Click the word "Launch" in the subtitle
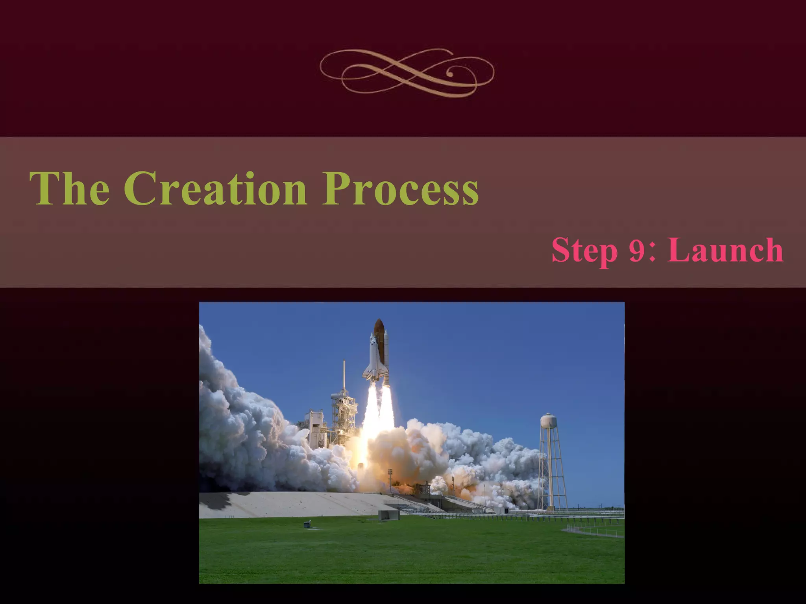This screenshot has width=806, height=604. pos(725,250)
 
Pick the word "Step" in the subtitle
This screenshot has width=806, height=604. pos(584,251)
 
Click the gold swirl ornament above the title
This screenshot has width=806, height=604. pos(407,73)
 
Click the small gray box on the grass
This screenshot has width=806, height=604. pos(307,524)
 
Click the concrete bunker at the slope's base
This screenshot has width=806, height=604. pos(388,514)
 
